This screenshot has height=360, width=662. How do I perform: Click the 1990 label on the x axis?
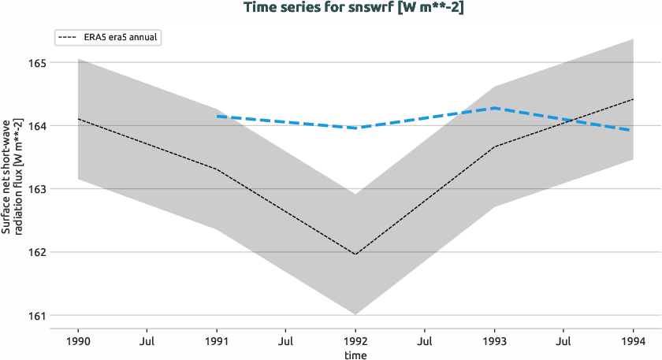point(78,342)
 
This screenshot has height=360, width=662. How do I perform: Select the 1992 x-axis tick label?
point(355,342)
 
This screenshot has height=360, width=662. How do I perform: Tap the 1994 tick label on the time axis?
point(633,342)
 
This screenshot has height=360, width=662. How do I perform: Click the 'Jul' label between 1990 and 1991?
point(147,342)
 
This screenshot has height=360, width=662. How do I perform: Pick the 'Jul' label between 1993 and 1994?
point(563,342)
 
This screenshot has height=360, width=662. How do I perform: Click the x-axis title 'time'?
point(355,354)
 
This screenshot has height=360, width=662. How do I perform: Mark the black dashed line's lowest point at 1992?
point(355,254)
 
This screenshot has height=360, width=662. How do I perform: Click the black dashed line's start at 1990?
point(78,119)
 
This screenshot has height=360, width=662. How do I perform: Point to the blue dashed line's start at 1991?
point(217,117)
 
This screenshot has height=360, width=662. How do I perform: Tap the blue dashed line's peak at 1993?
point(494,108)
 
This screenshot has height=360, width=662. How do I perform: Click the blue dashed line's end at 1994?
point(633,131)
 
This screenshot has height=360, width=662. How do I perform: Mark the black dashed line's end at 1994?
point(633,99)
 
